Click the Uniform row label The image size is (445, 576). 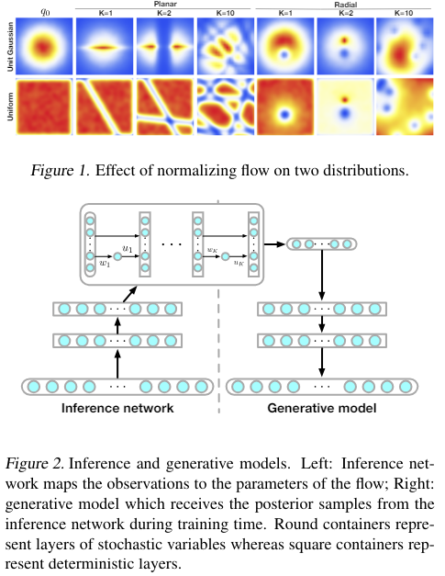(7, 110)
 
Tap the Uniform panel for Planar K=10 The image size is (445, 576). (220, 110)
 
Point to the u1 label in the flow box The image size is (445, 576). (128, 249)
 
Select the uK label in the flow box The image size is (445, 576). (238, 263)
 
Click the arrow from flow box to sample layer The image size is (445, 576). (274, 244)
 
